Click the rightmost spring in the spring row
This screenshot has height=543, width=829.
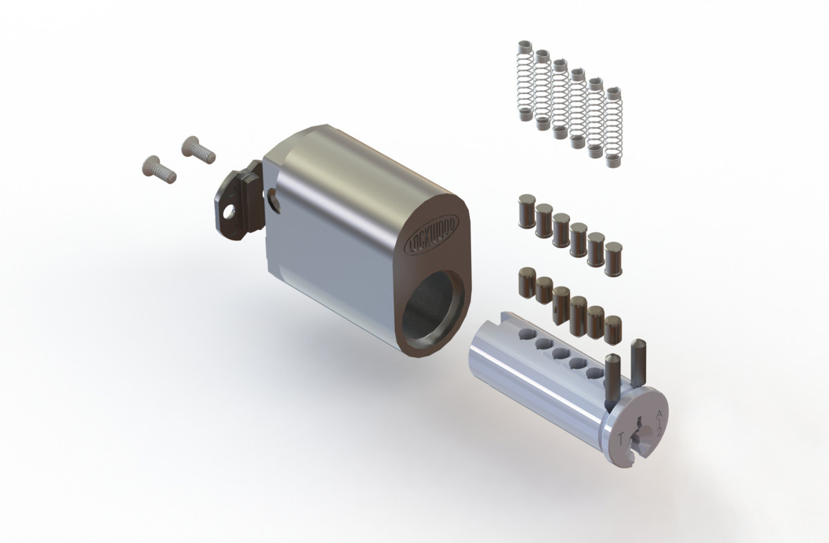click(613, 127)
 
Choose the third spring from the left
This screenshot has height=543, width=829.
click(560, 99)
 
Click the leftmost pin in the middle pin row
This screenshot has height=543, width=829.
click(526, 212)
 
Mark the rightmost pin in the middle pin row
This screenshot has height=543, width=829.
click(613, 258)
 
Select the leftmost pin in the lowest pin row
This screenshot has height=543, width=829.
click(526, 284)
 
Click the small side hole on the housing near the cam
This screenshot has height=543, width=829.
click(277, 200)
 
